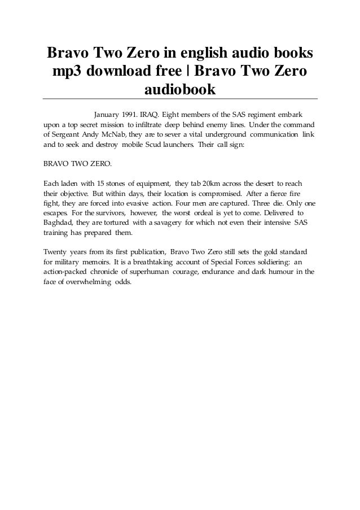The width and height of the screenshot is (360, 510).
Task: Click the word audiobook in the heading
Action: click(180, 89)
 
